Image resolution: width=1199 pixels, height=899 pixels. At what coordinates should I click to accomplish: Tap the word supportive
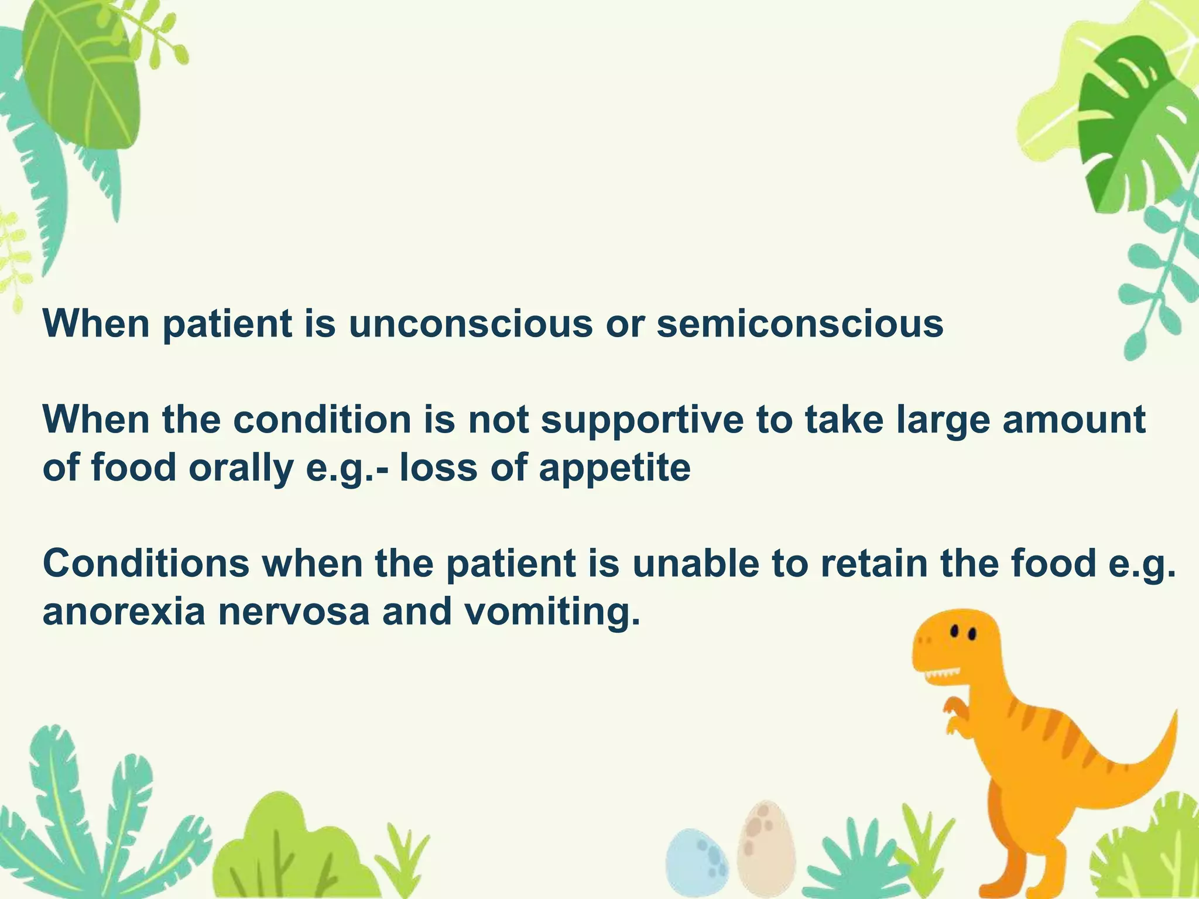pos(642,420)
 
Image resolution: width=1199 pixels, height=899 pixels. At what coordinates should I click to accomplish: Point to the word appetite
pos(614,468)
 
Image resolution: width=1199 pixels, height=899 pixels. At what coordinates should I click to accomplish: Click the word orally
pos(241,468)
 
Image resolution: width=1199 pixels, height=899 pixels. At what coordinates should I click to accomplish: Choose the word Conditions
pos(146,563)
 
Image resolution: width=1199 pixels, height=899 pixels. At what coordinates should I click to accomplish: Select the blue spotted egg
pos(697,863)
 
